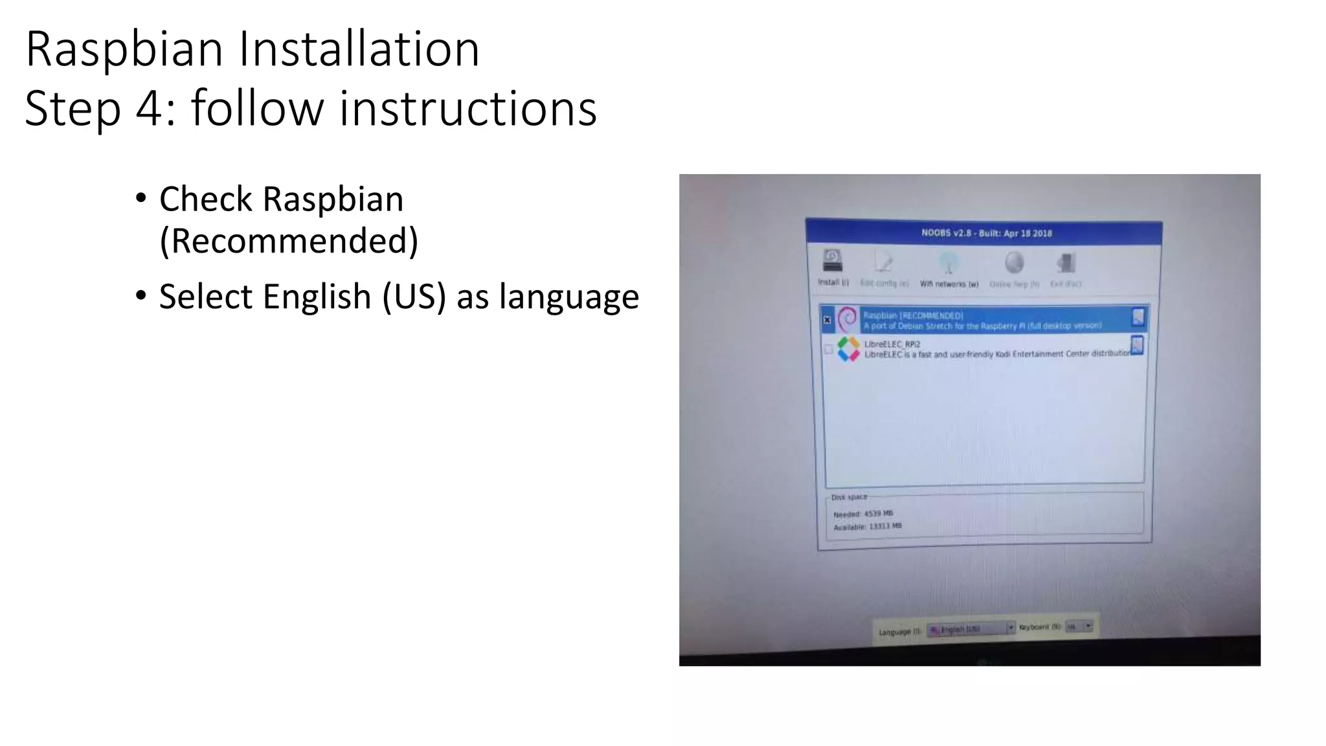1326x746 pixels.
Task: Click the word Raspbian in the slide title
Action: pyautogui.click(x=124, y=49)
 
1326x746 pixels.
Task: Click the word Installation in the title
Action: pyautogui.click(x=359, y=49)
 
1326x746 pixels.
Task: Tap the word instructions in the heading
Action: pyautogui.click(x=467, y=108)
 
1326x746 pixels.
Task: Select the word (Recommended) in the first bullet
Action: pyautogui.click(x=289, y=241)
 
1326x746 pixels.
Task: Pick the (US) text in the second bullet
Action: pyautogui.click(x=414, y=297)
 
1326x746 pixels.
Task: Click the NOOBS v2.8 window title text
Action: pyautogui.click(x=986, y=233)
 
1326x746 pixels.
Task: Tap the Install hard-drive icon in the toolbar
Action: pyautogui.click(x=832, y=261)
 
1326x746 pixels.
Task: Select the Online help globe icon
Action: pyautogui.click(x=1014, y=264)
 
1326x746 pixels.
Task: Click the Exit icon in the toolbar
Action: pyautogui.click(x=1066, y=264)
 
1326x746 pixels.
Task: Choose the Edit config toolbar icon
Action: pyautogui.click(x=883, y=262)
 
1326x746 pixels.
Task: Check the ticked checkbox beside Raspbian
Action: pyautogui.click(x=827, y=320)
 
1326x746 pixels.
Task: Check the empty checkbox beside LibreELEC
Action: pyautogui.click(x=829, y=350)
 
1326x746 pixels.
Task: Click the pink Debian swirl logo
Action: pyautogui.click(x=847, y=319)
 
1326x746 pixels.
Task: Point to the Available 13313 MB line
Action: pyautogui.click(x=867, y=527)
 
